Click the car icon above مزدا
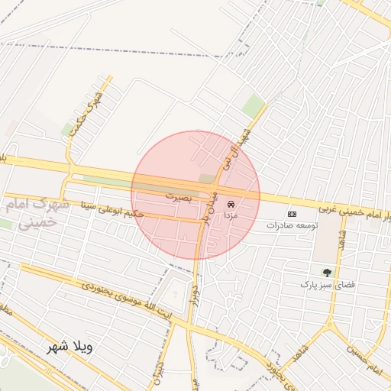pyautogui.click(x=231, y=205)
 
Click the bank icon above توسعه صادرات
pyautogui.click(x=291, y=214)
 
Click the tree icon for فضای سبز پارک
pyautogui.click(x=328, y=272)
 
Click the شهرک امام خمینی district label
pyautogui.click(x=31, y=213)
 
